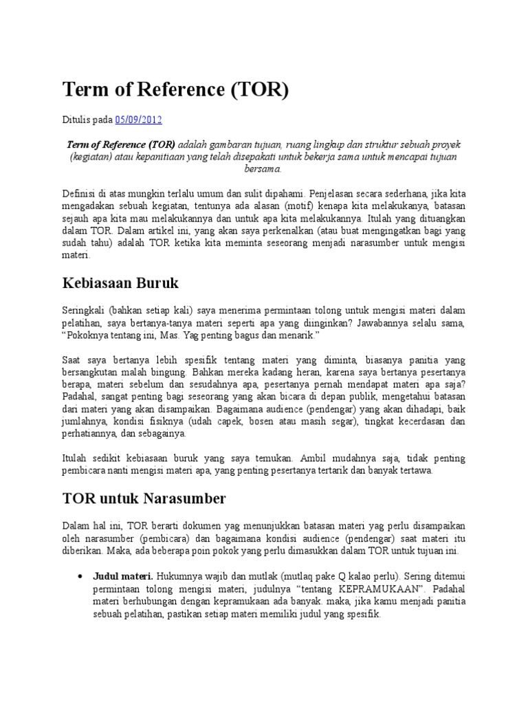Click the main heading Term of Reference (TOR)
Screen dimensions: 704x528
[175, 89]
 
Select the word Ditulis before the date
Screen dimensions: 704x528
[77, 119]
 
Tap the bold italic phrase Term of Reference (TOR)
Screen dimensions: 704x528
[121, 145]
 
